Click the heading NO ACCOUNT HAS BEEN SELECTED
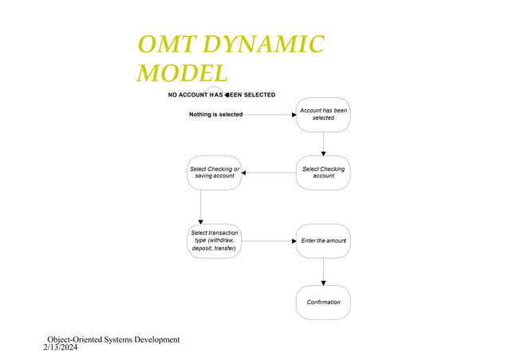221,95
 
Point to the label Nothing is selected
215,115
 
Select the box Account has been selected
323,114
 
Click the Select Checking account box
323,172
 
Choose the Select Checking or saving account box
214,172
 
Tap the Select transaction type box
214,240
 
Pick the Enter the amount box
323,240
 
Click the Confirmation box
323,302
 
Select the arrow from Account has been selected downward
323,144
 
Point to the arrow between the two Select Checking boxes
268,172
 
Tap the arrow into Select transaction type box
200,207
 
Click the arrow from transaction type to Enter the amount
268,240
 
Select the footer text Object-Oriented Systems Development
113,339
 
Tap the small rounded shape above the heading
218,89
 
